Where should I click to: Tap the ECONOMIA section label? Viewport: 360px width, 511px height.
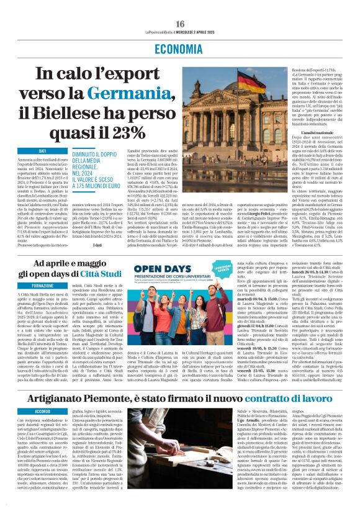[180, 49]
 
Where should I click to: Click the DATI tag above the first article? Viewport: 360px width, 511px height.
[43, 151]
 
